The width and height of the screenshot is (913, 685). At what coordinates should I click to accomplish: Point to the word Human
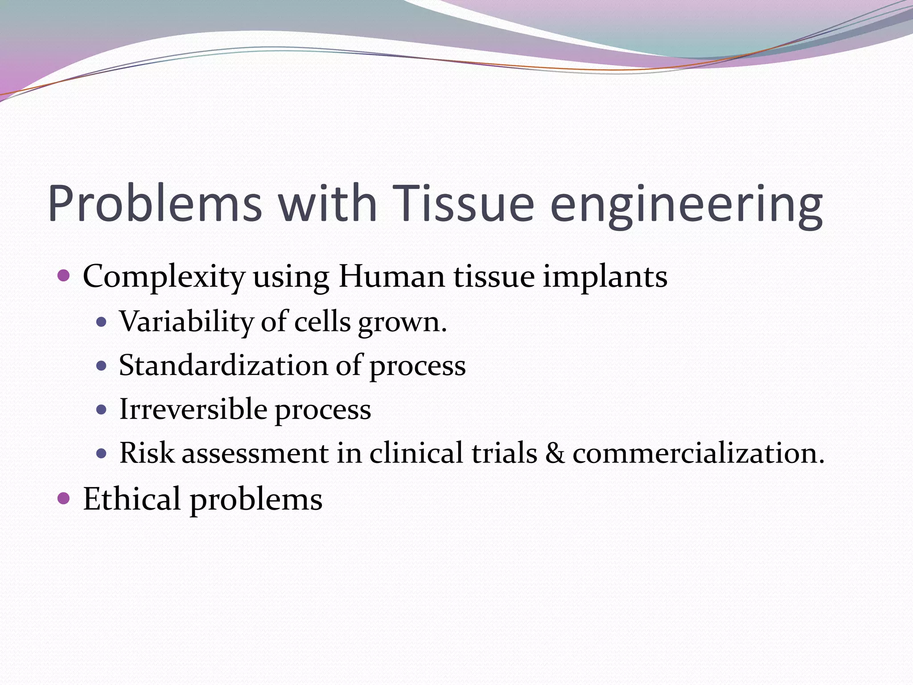click(x=391, y=276)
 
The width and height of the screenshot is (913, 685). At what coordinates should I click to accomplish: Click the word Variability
click(x=186, y=321)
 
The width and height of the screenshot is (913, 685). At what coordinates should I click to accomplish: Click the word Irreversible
click(x=193, y=409)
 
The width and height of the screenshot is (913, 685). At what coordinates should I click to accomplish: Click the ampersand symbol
click(x=555, y=454)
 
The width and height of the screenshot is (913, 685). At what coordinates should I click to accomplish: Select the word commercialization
click(x=698, y=454)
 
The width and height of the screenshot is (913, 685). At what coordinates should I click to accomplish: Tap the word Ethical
click(x=132, y=499)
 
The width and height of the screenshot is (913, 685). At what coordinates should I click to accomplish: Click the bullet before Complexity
click(x=64, y=275)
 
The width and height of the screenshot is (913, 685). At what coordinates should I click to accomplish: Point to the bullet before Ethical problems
click(x=64, y=498)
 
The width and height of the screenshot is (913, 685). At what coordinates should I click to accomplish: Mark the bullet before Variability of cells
click(x=102, y=322)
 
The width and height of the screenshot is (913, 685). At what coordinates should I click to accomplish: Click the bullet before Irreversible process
click(x=102, y=409)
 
